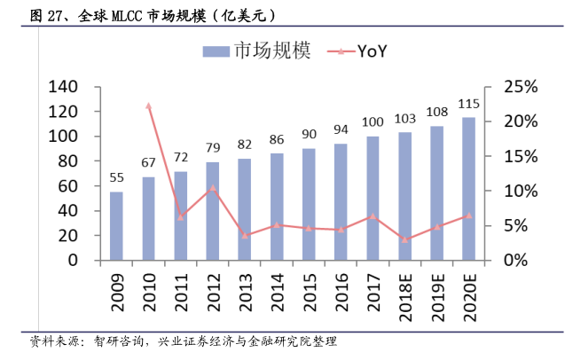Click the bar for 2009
tap(116, 226)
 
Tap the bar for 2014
tap(277, 207)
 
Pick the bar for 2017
tap(373, 199)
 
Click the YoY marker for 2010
tap(148, 106)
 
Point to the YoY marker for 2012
tap(213, 188)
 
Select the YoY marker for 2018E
tap(404, 239)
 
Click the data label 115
tap(468, 105)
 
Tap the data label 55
tap(116, 177)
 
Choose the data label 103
tap(404, 119)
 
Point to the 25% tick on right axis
tap(520, 87)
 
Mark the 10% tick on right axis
tap(520, 192)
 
